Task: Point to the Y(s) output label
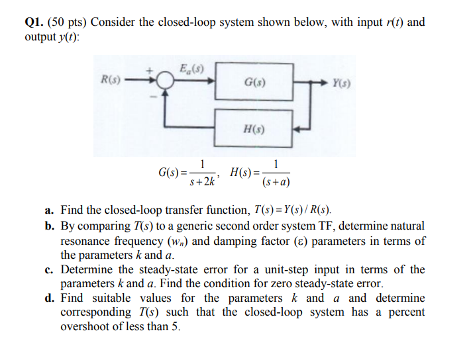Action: pos(342,84)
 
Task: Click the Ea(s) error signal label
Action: pos(191,68)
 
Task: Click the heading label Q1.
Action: pos(34,22)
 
